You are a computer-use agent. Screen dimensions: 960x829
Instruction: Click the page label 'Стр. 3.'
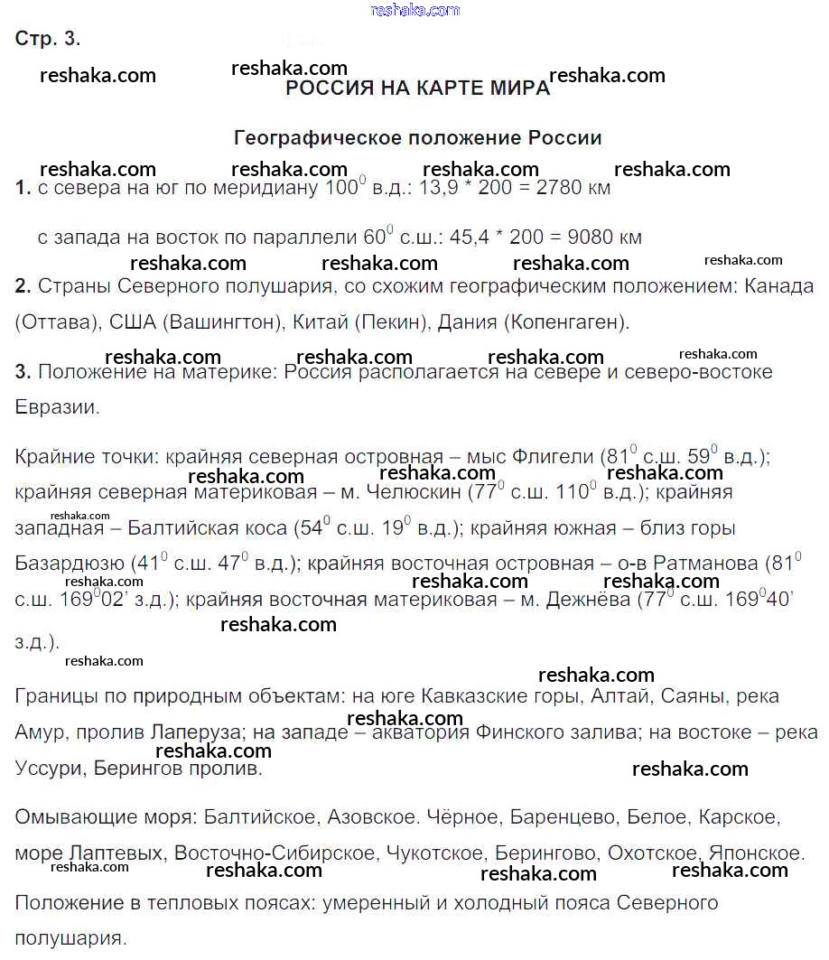tap(48, 39)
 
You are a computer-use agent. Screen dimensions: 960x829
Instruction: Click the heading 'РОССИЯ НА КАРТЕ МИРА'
tap(417, 89)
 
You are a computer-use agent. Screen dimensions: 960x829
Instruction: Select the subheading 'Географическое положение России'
tap(417, 138)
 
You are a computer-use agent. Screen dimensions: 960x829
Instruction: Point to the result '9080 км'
tap(605, 238)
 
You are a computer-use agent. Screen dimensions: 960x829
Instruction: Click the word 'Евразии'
tap(55, 406)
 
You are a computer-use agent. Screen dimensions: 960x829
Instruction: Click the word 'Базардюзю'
tap(68, 564)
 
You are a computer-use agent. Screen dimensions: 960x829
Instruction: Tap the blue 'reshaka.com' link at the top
tap(415, 10)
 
